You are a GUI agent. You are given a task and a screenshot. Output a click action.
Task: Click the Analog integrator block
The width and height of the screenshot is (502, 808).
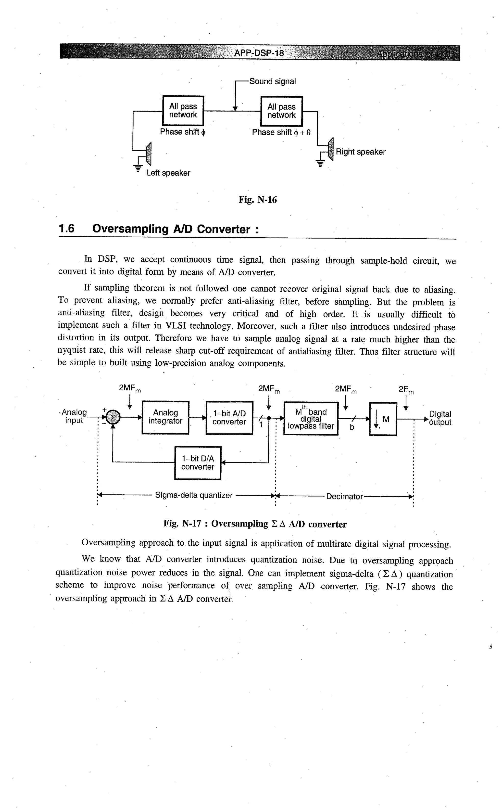point(165,417)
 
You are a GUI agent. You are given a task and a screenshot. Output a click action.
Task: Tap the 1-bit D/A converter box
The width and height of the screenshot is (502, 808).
point(198,463)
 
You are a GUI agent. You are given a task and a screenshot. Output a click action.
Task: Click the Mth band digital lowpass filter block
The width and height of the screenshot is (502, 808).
point(311,418)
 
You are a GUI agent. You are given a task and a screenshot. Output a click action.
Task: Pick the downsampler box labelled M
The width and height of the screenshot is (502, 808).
point(383,419)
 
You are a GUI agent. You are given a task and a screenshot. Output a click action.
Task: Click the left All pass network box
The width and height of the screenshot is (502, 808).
point(183,111)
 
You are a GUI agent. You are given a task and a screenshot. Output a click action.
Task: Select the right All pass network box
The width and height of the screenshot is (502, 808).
point(282,111)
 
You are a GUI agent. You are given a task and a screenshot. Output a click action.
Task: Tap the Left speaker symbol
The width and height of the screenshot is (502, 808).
point(148,154)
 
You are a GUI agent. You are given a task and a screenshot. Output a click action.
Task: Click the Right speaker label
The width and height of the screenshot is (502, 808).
point(361,152)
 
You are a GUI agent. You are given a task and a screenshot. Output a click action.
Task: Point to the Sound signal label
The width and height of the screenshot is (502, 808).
point(272,81)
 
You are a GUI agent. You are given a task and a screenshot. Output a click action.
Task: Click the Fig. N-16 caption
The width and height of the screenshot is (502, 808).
point(258,200)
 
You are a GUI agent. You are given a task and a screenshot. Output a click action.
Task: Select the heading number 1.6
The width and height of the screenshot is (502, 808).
point(66,229)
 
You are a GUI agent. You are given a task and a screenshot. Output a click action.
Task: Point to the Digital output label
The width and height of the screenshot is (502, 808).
point(440,418)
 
